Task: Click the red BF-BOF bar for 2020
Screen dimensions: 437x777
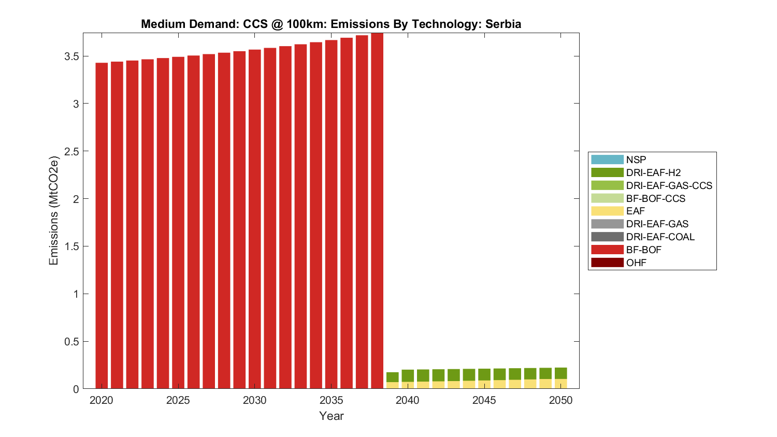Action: click(x=102, y=225)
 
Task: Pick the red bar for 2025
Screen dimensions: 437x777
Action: click(x=178, y=223)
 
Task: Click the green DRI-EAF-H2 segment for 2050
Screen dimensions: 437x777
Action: click(x=560, y=373)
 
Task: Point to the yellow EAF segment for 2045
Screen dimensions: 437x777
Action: click(x=484, y=384)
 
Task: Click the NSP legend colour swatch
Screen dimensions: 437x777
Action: click(x=607, y=159)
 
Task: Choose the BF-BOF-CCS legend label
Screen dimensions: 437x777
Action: click(x=655, y=198)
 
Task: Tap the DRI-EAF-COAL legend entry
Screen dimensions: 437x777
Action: click(x=660, y=237)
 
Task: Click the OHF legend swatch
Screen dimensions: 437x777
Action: click(x=607, y=263)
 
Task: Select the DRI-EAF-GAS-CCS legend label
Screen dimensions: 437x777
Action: click(x=669, y=185)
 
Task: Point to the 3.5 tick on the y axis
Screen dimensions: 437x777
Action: click(x=71, y=56)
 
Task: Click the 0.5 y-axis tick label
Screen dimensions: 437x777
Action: click(x=71, y=342)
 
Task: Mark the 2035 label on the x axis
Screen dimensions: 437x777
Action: click(x=331, y=400)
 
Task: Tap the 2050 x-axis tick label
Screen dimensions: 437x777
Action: click(x=560, y=400)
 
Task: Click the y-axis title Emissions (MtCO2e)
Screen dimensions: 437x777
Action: click(x=54, y=211)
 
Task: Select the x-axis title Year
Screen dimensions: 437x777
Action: click(x=331, y=416)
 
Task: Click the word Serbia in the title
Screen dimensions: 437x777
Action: click(x=502, y=24)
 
